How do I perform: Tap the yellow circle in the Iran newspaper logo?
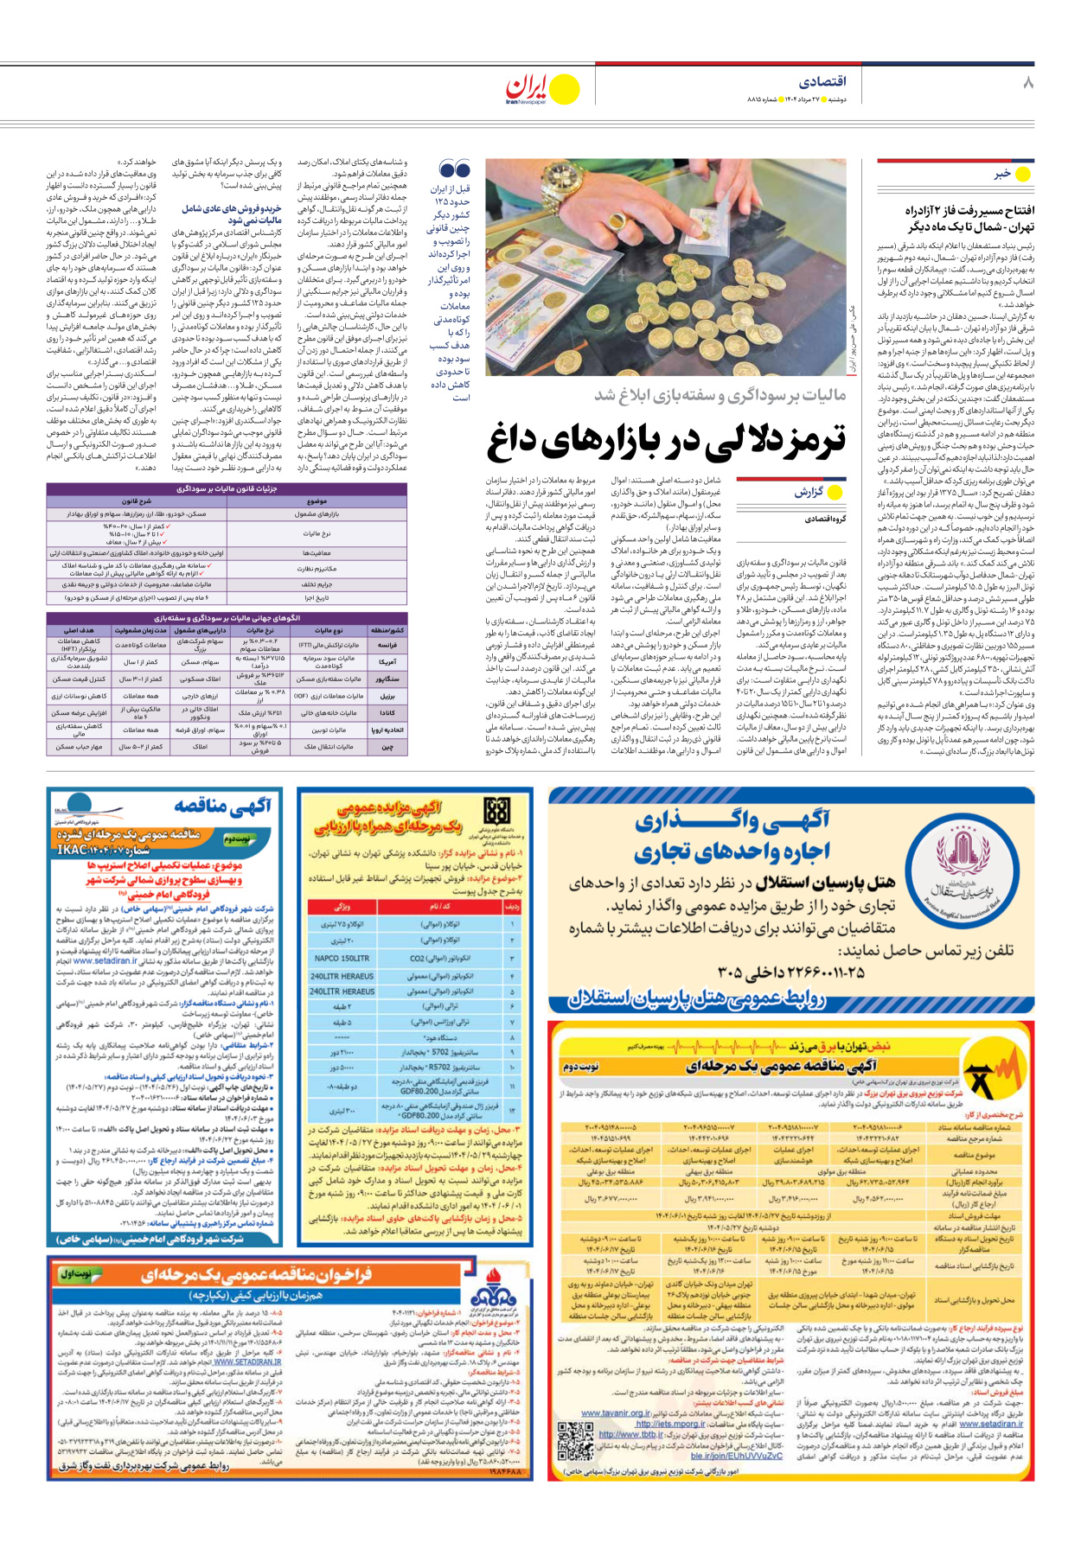click(x=565, y=89)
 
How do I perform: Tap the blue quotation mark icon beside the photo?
click(x=455, y=169)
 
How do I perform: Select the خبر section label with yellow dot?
click(x=1012, y=174)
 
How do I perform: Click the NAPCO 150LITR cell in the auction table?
click(x=342, y=959)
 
